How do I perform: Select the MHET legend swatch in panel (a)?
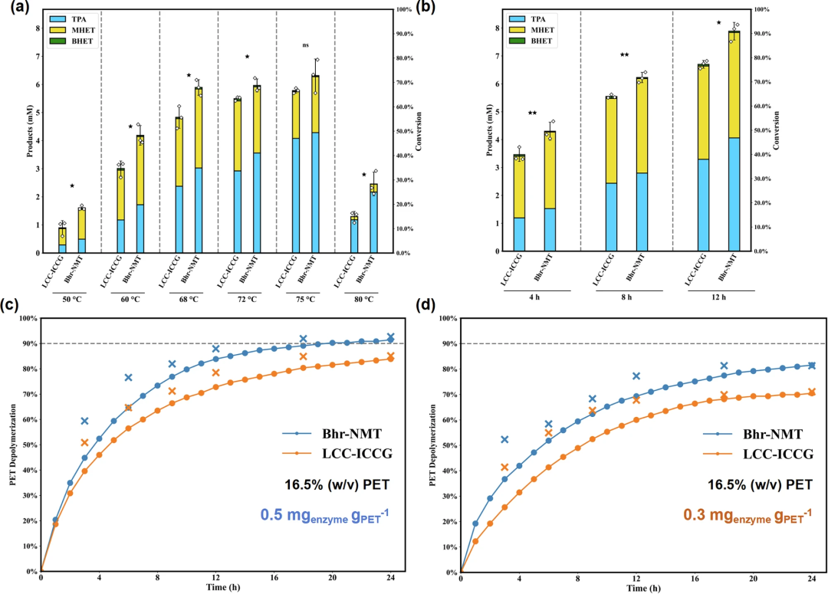37,28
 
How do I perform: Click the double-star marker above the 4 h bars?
532,113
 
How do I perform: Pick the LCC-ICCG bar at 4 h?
520,203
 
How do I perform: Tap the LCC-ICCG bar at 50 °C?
63,240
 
